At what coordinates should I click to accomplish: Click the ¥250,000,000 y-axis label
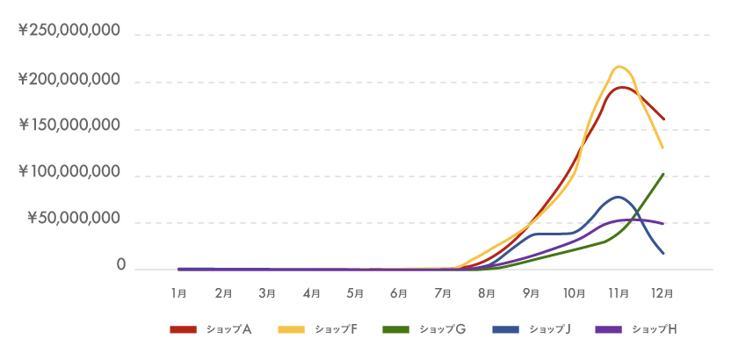[x=69, y=32]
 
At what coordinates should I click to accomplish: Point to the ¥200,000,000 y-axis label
[x=69, y=80]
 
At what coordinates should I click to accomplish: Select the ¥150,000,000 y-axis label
[x=69, y=126]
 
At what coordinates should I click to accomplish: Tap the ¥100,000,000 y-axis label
[x=69, y=173]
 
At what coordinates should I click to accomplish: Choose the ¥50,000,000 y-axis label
[x=74, y=220]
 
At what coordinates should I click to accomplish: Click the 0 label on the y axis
[x=121, y=265]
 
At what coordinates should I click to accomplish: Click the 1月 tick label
[x=179, y=292]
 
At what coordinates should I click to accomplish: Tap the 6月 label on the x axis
[x=399, y=292]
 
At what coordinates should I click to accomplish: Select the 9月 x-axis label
[x=531, y=292]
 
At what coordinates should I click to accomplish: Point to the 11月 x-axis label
[x=619, y=292]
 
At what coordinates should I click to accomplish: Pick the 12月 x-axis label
[x=662, y=292]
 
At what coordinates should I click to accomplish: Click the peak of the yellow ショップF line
[x=619, y=67]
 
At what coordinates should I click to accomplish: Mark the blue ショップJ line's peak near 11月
[x=619, y=197]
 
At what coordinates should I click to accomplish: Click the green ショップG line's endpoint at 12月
[x=663, y=174]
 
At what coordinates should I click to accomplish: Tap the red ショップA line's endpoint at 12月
[x=663, y=119]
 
